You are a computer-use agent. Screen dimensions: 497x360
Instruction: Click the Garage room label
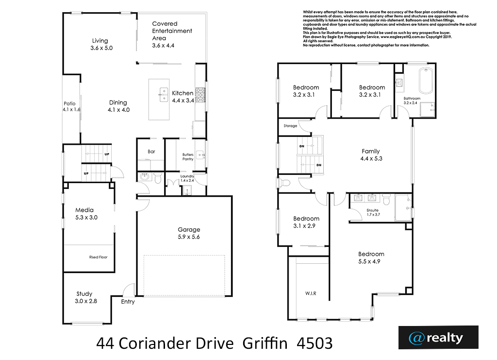pos(189,233)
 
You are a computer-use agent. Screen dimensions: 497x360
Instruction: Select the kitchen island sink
pos(163,95)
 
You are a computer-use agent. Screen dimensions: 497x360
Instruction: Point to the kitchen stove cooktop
pos(200,95)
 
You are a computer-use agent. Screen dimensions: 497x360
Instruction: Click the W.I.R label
pos(311,293)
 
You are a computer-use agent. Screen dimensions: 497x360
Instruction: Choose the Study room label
pos(85,297)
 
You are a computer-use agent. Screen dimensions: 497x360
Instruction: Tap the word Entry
pos(128,302)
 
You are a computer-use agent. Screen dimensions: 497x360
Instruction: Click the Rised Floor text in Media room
pos(98,257)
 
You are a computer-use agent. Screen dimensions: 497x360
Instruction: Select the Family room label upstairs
pos(371,155)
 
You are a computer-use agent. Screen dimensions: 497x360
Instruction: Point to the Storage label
pos(290,126)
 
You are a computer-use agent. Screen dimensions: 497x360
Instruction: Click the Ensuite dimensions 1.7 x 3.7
pos(373,214)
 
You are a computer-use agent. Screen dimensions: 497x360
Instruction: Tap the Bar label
pos(151,152)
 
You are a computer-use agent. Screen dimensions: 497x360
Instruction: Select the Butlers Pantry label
pos(188,157)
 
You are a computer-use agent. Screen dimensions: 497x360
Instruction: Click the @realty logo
pos(438,338)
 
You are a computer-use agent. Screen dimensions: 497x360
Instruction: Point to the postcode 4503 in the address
pos(315,343)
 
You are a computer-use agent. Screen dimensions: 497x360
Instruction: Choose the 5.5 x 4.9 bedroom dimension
pos(369,261)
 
